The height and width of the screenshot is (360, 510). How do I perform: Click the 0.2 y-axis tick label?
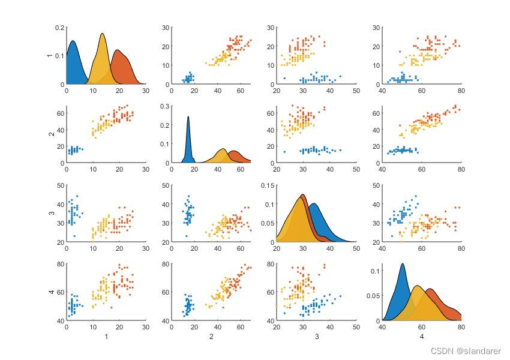tap(59, 28)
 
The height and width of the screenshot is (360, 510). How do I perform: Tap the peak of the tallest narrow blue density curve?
tap(188, 116)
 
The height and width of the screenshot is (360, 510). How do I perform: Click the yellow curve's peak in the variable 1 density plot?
tap(103, 34)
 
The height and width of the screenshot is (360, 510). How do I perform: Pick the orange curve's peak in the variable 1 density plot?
tap(118, 50)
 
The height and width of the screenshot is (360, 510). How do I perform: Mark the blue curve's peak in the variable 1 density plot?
tap(73, 41)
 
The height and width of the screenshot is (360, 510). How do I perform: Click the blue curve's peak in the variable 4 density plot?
tap(402, 264)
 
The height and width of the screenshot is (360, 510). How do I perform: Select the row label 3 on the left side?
tap(50, 213)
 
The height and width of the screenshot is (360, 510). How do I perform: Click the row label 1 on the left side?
tap(50, 56)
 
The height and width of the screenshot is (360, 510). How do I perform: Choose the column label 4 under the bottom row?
tap(422, 338)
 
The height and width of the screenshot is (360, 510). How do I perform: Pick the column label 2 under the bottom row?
tap(211, 338)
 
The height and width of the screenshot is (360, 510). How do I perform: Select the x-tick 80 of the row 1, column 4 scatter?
tap(461, 91)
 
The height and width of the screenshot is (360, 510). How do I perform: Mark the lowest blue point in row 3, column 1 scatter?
tap(74, 236)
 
